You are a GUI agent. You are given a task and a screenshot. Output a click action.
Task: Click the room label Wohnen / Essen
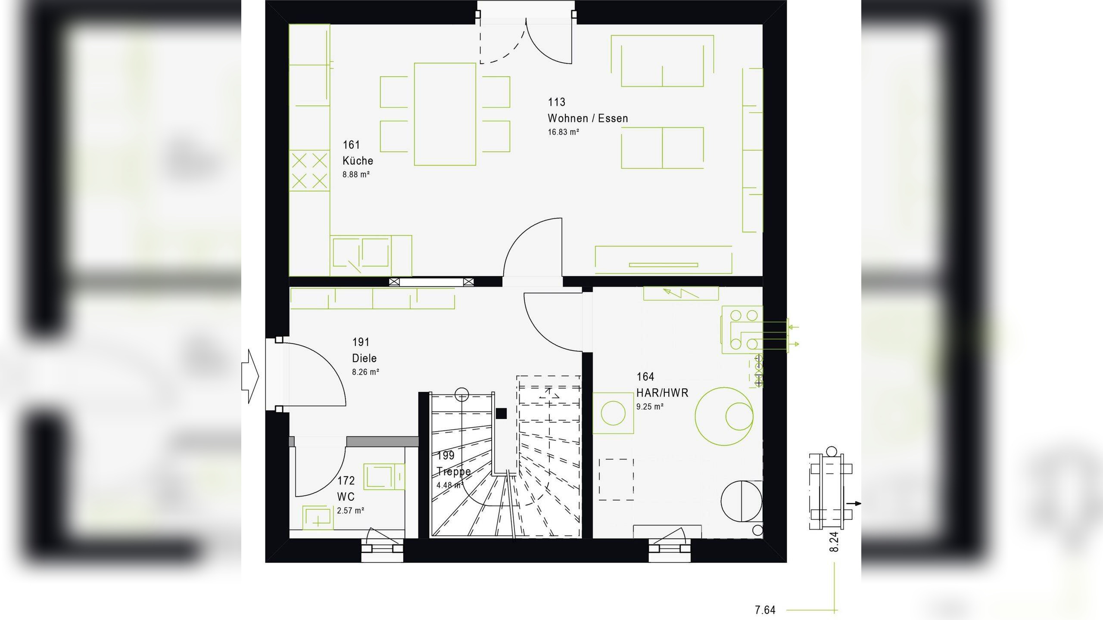pos(588,118)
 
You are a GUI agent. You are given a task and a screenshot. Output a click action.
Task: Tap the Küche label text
pos(358,161)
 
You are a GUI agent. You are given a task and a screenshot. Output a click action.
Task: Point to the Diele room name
pos(364,358)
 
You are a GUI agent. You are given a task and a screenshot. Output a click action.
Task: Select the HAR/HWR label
pos(662,393)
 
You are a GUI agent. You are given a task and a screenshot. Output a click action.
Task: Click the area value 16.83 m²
pos(563,132)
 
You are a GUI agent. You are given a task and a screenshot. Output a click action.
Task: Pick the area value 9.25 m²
pos(650,406)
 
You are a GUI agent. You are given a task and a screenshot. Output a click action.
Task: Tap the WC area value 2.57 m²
pos(350,511)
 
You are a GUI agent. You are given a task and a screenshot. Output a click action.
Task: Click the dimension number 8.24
pos(834,542)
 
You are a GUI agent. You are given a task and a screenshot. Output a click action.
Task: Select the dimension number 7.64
pos(765,610)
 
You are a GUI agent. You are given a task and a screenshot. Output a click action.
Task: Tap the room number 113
pos(556,102)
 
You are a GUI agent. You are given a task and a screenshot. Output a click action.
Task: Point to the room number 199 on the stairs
pos(446,456)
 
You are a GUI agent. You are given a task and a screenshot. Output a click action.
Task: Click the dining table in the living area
pos(445,114)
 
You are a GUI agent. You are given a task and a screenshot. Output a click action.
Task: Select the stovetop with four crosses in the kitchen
pos(309,170)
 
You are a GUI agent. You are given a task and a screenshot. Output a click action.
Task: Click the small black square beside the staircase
pos(501,413)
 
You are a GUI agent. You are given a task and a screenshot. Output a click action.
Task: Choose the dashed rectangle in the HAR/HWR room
pos(616,478)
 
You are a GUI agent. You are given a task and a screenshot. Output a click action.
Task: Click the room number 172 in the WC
pos(346,480)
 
